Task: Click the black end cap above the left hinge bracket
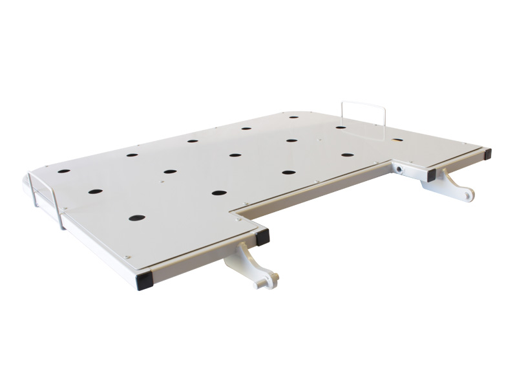click(262, 237)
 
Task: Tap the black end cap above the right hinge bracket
click(431, 175)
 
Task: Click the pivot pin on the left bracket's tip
click(274, 279)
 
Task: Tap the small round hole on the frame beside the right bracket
click(402, 169)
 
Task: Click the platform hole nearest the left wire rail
click(64, 172)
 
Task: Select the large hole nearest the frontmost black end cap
click(136, 218)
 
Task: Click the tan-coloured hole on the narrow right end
click(397, 140)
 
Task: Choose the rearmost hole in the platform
click(293, 118)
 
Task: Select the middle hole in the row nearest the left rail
click(96, 192)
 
